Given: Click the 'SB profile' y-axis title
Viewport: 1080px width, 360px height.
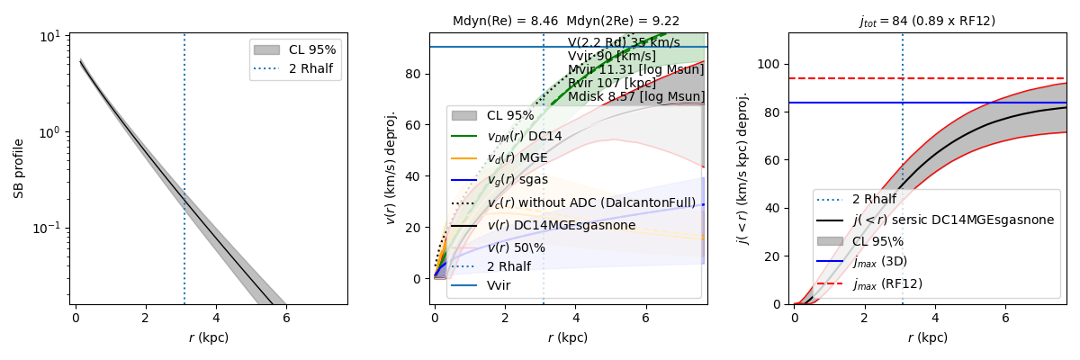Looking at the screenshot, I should [x=19, y=168].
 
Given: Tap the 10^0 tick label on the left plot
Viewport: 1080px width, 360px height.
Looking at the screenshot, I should [x=48, y=131].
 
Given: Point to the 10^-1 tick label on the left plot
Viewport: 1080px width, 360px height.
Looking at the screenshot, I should [x=44, y=228].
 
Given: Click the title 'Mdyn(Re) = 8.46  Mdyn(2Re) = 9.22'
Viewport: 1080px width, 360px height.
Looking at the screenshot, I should [x=566, y=21].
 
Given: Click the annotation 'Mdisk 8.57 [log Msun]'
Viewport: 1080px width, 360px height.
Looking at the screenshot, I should [x=636, y=97].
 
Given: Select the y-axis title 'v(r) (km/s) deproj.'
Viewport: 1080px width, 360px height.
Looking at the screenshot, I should [x=391, y=168].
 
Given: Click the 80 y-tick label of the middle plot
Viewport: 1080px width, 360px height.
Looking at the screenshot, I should [x=416, y=74].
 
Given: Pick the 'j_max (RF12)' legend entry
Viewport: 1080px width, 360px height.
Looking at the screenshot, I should [x=887, y=283].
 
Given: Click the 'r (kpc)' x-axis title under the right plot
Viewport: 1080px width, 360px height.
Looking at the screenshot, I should [x=928, y=337].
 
